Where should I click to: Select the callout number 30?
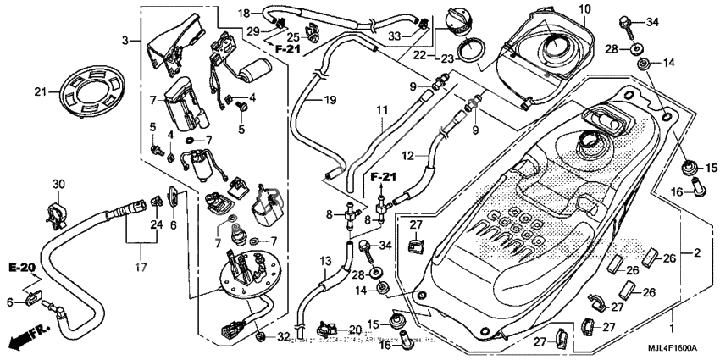[58, 185]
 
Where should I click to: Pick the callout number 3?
[125, 41]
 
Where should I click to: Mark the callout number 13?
[326, 262]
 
